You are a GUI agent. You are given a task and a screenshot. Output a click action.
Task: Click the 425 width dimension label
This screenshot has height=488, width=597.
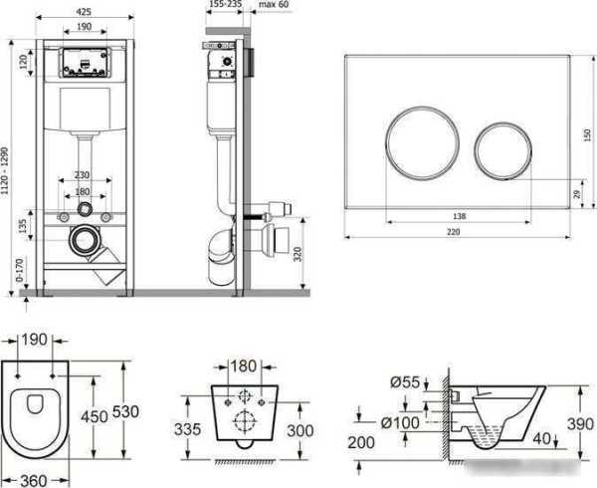(x=84, y=12)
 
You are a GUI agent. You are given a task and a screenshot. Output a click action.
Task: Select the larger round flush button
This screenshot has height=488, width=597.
(x=422, y=142)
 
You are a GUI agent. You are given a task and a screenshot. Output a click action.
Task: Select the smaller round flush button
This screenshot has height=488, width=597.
(x=502, y=150)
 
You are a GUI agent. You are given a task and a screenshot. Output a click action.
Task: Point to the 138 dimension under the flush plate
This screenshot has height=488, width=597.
(x=459, y=216)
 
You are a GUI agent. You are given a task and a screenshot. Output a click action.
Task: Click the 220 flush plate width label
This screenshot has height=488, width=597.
(x=453, y=232)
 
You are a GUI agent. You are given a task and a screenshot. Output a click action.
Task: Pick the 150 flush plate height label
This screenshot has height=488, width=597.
(x=587, y=134)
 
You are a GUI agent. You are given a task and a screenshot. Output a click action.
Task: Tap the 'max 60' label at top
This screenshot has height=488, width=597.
(x=274, y=5)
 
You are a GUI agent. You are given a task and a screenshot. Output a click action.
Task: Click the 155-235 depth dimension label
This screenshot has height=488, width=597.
(x=226, y=4)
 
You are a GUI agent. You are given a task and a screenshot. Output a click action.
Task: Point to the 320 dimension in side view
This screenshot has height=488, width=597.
(x=298, y=254)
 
